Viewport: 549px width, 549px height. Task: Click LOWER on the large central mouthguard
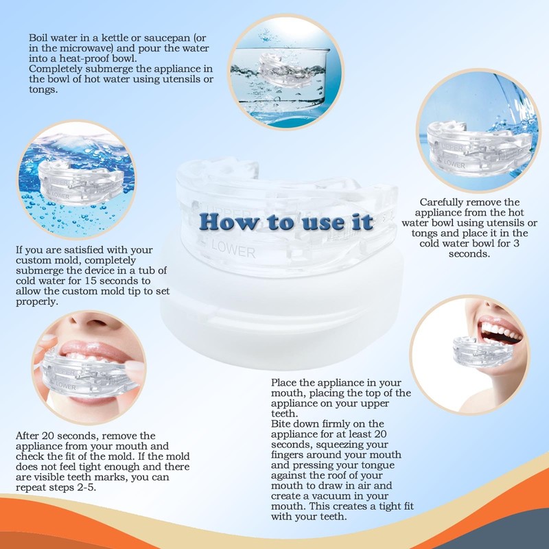[237, 253]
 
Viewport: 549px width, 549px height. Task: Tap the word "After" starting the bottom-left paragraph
[28, 436]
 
